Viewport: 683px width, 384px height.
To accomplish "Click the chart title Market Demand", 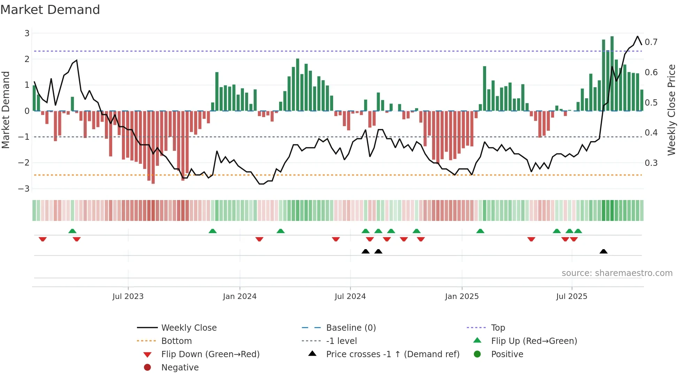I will [x=50, y=10].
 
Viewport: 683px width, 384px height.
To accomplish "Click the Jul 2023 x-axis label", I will [x=128, y=297].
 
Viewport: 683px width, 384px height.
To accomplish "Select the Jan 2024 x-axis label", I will [x=240, y=297].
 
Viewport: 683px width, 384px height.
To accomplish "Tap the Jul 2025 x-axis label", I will [x=571, y=297].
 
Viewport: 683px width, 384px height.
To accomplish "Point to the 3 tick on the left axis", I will [x=27, y=33].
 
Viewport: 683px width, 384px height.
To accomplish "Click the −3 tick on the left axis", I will [x=24, y=189].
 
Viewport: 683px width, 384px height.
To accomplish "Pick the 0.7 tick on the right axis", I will [x=651, y=42].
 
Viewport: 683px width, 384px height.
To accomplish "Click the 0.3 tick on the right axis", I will [x=651, y=163].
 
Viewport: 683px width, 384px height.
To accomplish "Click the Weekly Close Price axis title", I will [x=671, y=110].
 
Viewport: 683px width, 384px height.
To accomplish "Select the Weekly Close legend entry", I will [x=189, y=328].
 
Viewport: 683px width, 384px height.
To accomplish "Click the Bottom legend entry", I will [x=176, y=341].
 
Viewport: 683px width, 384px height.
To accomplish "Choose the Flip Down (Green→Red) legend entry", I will [x=210, y=354].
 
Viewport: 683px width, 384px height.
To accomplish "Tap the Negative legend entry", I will [x=180, y=368].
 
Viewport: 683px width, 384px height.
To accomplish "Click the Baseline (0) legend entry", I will [x=351, y=328].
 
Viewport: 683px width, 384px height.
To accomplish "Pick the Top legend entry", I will [x=498, y=328].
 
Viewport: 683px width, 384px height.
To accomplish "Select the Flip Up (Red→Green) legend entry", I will [x=534, y=341].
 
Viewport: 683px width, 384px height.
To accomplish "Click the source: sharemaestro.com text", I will [x=617, y=273].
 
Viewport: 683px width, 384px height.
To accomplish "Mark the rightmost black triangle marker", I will [x=604, y=251].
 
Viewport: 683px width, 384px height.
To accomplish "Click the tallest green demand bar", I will [x=612, y=73].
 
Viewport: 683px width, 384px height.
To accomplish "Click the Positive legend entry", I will [x=507, y=354].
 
